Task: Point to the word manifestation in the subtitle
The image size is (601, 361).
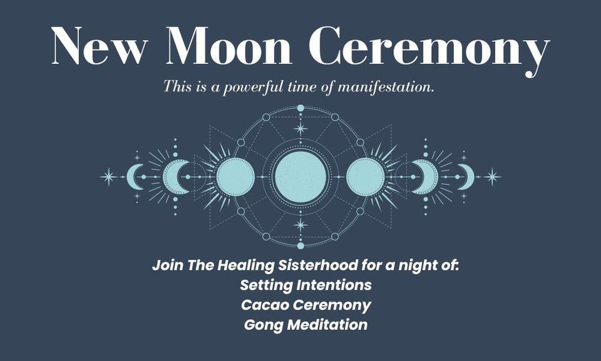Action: pos(386,86)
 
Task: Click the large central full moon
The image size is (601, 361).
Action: pos(300,177)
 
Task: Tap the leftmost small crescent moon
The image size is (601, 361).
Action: pos(133,177)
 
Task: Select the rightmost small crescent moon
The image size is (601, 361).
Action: pos(467,177)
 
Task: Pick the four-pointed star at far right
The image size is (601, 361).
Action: pos(492,177)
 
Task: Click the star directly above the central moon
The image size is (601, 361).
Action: pos(300,129)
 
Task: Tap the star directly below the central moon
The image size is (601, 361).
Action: pos(300,225)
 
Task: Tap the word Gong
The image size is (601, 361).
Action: pos(261,325)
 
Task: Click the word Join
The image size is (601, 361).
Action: pos(165,265)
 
